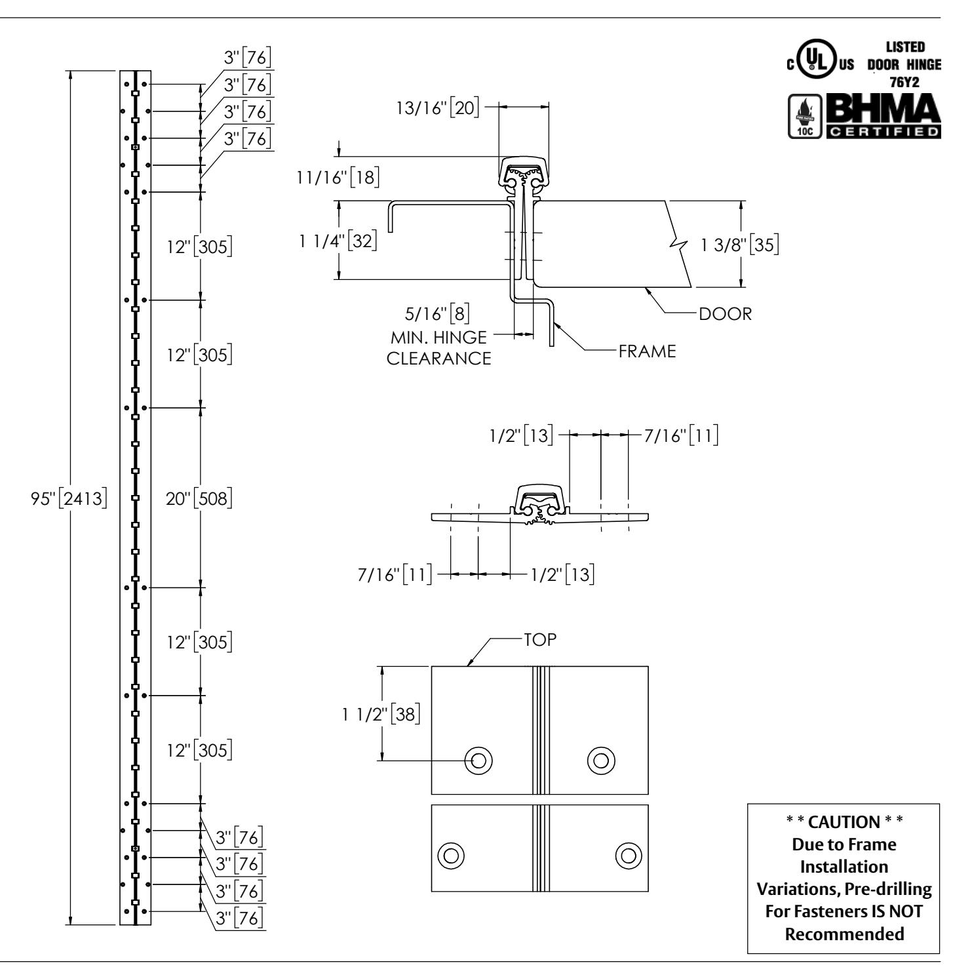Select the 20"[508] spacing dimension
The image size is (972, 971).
[x=199, y=499]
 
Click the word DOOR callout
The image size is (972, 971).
[x=725, y=314]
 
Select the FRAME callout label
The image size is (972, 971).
[x=646, y=351]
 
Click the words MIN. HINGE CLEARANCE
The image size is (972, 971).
[x=439, y=348]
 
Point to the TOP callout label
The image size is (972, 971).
[x=540, y=641]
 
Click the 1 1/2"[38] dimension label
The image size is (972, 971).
[x=380, y=714]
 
